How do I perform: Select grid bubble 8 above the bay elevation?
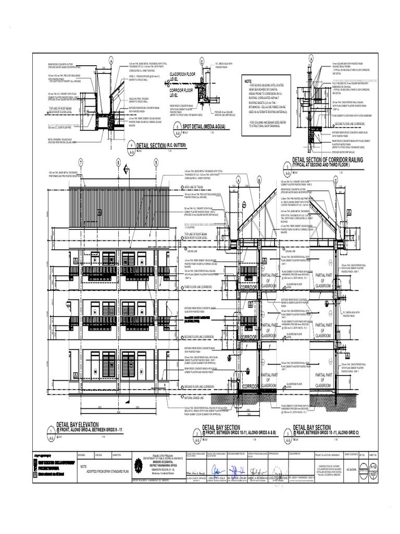[x=119, y=163]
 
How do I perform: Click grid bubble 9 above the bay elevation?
[x=156, y=163]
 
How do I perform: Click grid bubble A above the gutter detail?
[x=111, y=58]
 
